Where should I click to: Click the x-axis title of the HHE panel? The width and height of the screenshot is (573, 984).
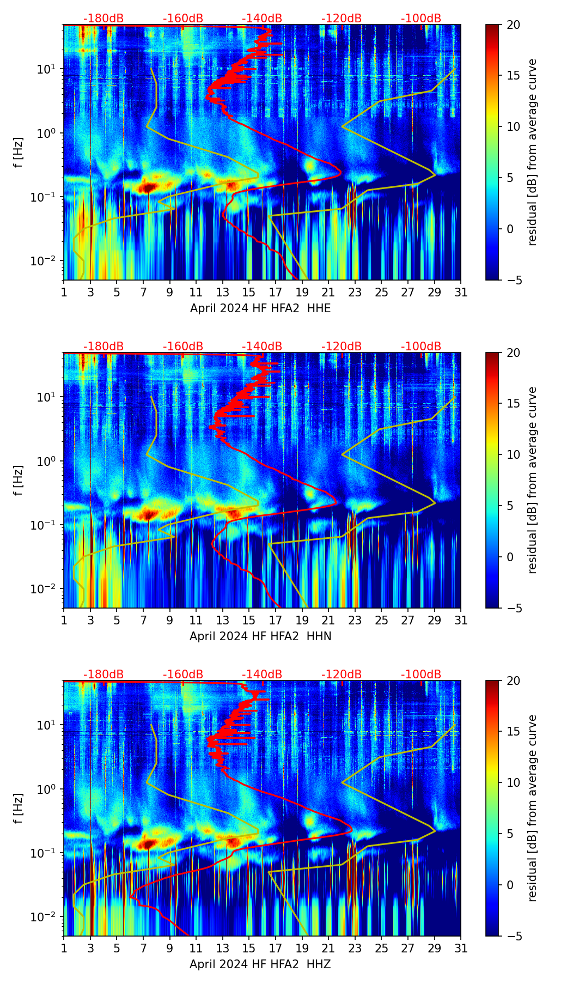pyautogui.click(x=260, y=308)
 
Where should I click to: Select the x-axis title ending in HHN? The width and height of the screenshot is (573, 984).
pyautogui.click(x=260, y=636)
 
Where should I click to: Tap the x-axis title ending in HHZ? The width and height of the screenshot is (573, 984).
pyautogui.click(x=260, y=964)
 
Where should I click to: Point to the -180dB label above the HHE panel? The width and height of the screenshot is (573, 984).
pyautogui.click(x=103, y=19)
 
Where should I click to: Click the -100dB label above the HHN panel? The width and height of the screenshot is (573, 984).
pyautogui.click(x=421, y=347)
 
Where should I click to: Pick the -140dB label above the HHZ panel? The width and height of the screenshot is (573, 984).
pyautogui.click(x=262, y=675)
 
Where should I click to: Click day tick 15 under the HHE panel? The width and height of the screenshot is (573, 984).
pyautogui.click(x=249, y=292)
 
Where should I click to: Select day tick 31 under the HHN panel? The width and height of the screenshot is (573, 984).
pyautogui.click(x=461, y=620)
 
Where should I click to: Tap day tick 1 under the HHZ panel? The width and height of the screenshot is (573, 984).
pyautogui.click(x=64, y=948)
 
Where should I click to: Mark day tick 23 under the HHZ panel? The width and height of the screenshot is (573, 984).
pyautogui.click(x=355, y=948)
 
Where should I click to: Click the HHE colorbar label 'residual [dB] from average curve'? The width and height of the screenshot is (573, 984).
pyautogui.click(x=532, y=152)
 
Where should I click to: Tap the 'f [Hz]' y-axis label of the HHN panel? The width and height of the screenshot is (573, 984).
pyautogui.click(x=19, y=480)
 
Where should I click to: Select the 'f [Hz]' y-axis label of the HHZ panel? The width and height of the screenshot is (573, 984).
pyautogui.click(x=19, y=808)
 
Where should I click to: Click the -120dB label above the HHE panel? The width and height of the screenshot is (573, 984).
pyautogui.click(x=342, y=19)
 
